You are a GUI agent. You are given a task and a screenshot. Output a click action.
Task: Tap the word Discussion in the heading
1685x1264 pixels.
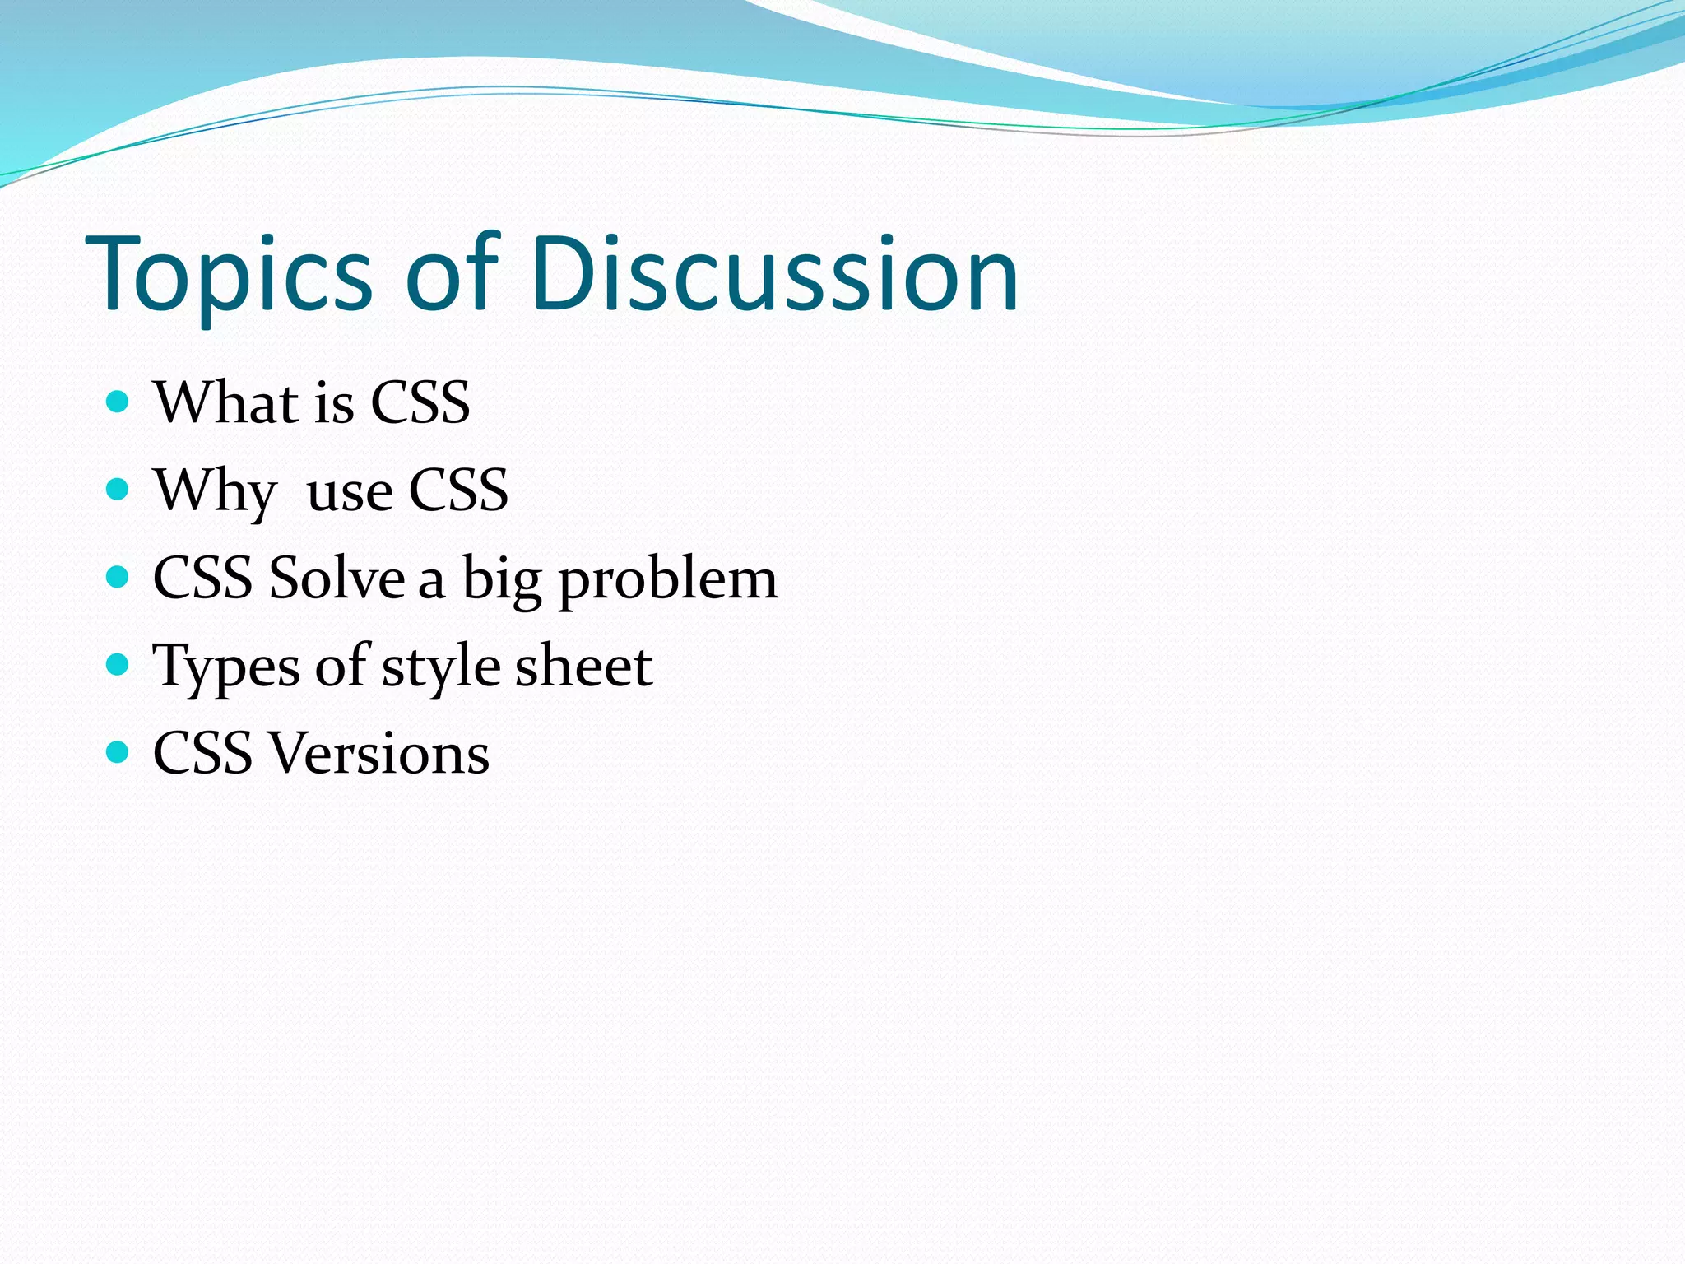[x=774, y=274]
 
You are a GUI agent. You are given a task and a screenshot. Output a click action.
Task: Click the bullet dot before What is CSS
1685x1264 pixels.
[x=118, y=402]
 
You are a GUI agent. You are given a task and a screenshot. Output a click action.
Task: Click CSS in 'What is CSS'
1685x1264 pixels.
[x=420, y=402]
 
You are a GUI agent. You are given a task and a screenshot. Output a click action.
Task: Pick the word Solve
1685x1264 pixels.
[x=337, y=578]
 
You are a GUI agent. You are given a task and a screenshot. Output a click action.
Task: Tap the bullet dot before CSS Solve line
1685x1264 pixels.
[x=118, y=577]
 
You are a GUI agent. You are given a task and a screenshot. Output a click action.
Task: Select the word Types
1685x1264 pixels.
[x=226, y=667]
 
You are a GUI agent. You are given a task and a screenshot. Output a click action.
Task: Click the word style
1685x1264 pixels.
[x=440, y=667]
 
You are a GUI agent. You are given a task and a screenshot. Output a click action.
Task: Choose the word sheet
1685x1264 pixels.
[x=583, y=665]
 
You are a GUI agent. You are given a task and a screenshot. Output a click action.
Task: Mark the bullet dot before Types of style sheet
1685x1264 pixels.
[x=118, y=664]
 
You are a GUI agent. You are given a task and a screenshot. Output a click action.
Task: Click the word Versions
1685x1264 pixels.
[x=380, y=753]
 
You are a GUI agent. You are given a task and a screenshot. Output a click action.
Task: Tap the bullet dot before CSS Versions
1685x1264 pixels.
[x=118, y=751]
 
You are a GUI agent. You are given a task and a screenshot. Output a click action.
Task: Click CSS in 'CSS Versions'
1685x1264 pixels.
[x=202, y=753]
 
